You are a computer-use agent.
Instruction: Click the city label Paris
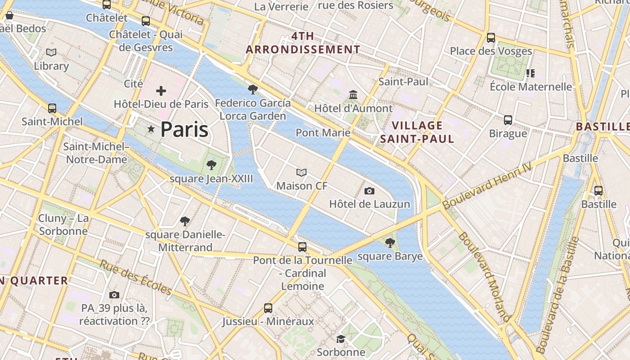184,130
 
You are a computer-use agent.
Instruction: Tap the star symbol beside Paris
151,129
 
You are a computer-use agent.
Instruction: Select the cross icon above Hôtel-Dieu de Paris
161,91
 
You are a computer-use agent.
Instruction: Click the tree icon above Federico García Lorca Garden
252,90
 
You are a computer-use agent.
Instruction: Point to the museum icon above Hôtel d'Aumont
353,95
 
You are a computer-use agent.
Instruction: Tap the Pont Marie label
323,132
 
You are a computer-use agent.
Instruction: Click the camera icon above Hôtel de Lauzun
369,191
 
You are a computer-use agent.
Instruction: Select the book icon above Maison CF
301,172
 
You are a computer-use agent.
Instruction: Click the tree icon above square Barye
390,243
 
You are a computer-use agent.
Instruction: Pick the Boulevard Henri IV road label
487,185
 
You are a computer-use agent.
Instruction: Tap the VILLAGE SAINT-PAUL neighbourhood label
417,132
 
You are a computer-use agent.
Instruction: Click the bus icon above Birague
508,120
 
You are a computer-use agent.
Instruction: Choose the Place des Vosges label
491,51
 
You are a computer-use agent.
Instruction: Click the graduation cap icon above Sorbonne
341,338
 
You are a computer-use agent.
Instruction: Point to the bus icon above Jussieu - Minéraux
268,308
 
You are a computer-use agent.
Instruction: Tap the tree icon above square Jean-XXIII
211,165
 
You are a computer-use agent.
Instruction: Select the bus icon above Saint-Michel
52,108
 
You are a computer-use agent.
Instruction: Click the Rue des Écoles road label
135,277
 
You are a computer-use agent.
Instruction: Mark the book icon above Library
52,53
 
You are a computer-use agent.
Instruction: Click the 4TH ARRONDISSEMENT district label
303,43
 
